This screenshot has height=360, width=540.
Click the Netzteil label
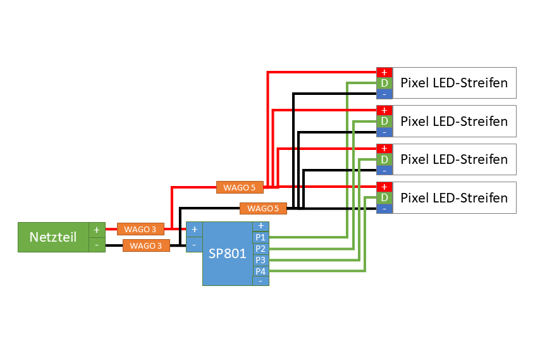click(53, 237)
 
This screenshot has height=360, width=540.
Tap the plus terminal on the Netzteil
click(97, 230)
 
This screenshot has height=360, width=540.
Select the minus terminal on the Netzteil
click(97, 245)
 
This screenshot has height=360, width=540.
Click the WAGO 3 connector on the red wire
click(140, 228)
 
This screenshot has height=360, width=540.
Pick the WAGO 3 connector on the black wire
click(146, 245)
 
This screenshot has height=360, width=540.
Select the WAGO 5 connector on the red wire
click(239, 187)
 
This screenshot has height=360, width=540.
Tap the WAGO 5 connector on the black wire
click(263, 208)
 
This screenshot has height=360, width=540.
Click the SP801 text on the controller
click(226, 254)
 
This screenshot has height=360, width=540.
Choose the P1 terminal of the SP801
click(261, 237)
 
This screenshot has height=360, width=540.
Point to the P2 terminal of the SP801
click(261, 249)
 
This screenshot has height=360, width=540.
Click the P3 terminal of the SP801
click(261, 260)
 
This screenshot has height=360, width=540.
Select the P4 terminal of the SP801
click(261, 271)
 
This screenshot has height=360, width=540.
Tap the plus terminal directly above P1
click(261, 226)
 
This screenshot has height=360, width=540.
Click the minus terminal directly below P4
click(261, 281)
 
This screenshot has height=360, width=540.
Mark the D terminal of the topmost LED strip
click(384, 83)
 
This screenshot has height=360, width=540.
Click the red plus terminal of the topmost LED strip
click(384, 72)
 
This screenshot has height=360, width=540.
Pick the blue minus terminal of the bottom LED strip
click(384, 209)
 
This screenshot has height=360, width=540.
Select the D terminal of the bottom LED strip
click(384, 198)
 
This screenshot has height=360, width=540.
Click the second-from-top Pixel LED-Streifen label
click(454, 121)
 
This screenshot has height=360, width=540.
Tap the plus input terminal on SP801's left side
click(194, 229)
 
